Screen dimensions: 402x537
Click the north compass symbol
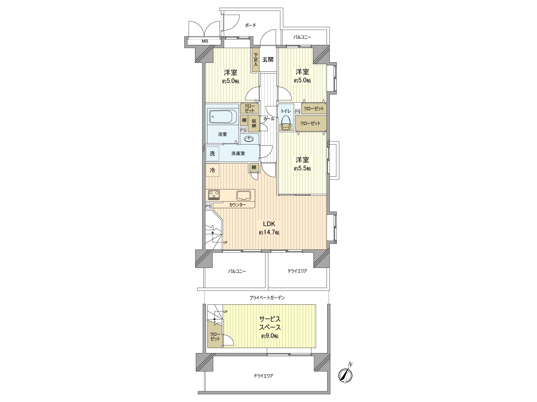pyautogui.click(x=345, y=374)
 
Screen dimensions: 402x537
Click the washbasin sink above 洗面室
pyautogui.click(x=249, y=139)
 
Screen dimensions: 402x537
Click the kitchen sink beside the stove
pyautogui.click(x=243, y=195)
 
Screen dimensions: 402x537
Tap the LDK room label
pyautogui.click(x=269, y=224)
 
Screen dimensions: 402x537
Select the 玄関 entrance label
pyautogui.click(x=268, y=60)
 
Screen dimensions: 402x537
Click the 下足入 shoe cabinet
pyautogui.click(x=256, y=60)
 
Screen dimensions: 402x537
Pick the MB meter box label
pyautogui.click(x=205, y=41)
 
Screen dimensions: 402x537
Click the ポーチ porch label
pyautogui.click(x=250, y=25)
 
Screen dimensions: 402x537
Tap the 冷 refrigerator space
pyautogui.click(x=212, y=170)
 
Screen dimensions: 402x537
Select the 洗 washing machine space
pyautogui.click(x=212, y=154)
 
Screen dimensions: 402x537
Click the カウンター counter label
pyautogui.click(x=238, y=205)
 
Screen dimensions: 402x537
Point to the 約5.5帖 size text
pyautogui.click(x=302, y=169)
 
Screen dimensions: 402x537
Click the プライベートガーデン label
pyautogui.click(x=267, y=297)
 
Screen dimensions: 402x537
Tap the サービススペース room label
pyautogui.click(x=270, y=323)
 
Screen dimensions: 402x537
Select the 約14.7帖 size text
pyautogui.click(x=269, y=233)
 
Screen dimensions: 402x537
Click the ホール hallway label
pyautogui.click(x=269, y=119)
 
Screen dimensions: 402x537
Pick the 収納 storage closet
pyautogui.click(x=254, y=123)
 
